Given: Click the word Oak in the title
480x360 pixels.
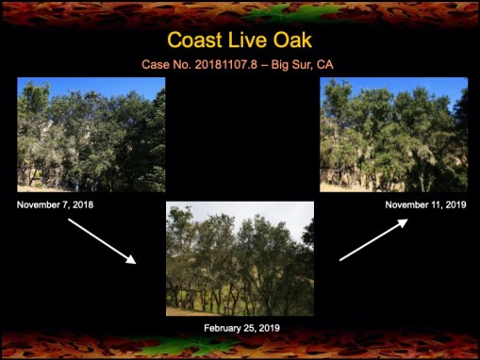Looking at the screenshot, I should [290, 41].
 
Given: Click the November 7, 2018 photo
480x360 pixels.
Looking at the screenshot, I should [91, 134].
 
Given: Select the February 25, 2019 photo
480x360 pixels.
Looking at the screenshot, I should [240, 257].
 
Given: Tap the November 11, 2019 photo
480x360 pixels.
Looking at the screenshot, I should [393, 134].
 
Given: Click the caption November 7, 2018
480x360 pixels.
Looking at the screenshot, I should [55, 205].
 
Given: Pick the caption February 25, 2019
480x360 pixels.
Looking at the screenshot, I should [241, 328].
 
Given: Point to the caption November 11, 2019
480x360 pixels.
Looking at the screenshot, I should [426, 205].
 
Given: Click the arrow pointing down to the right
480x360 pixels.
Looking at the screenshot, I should [103, 240].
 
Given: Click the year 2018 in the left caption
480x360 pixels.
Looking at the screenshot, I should [81, 205].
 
